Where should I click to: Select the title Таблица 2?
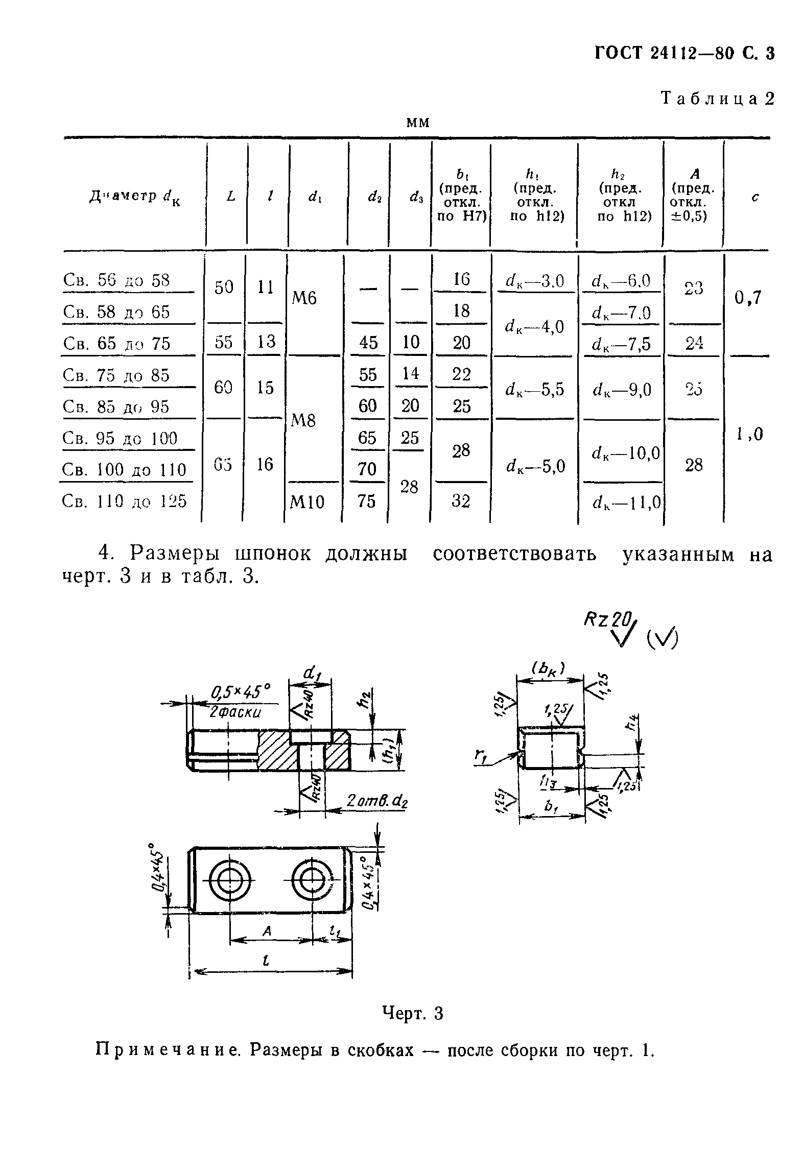point(717,98)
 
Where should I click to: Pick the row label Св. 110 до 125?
point(124,501)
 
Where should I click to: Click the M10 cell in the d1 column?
point(306,502)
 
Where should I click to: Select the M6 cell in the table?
point(304,297)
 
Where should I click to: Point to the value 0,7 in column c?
point(748,297)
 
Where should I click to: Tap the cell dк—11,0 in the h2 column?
point(626,504)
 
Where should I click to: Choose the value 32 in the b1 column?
point(461,501)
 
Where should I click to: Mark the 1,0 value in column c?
point(749,434)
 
